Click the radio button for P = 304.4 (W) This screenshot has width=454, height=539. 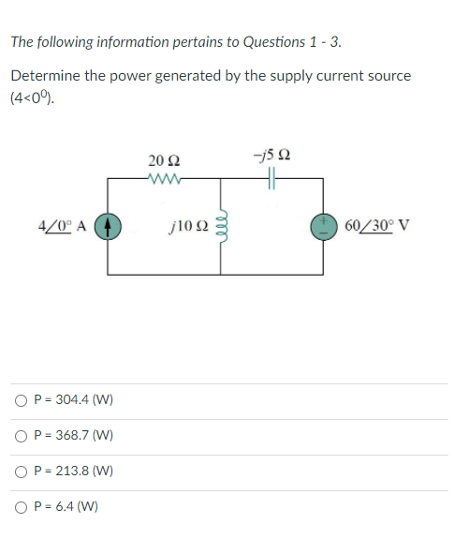click(x=21, y=400)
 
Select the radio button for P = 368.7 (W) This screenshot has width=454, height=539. click(x=21, y=436)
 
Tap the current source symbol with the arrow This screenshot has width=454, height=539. click(x=109, y=226)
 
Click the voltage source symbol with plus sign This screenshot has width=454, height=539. click(x=323, y=226)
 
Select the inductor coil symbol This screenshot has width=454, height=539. click(x=222, y=226)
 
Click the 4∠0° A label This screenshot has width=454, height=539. click(x=64, y=226)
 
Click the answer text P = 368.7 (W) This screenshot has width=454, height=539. click(x=73, y=436)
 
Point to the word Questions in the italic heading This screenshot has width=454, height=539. click(x=273, y=41)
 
